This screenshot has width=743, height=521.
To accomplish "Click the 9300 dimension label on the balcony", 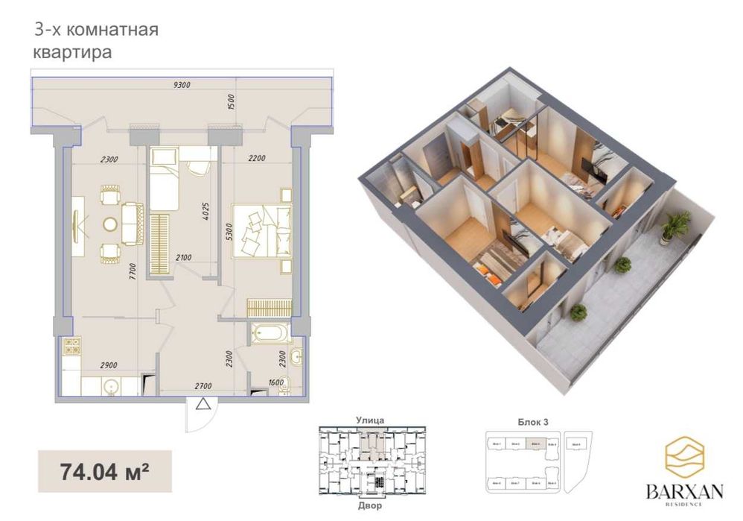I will click(182, 85).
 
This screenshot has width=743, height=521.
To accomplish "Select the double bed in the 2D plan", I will click(261, 231).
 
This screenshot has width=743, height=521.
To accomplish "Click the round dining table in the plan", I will click(111, 224).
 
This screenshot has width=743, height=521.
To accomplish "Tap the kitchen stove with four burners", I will click(72, 347).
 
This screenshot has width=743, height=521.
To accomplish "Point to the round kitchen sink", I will click(111, 386).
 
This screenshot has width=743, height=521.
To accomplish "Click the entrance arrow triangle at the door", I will click(202, 405).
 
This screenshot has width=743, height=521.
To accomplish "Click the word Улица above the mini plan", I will click(370, 420).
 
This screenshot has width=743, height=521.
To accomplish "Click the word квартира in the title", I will click(72, 53).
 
